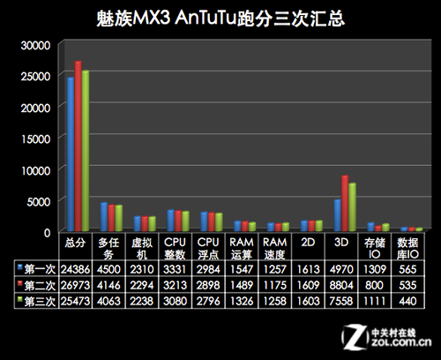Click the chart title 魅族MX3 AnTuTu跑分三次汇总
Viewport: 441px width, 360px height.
point(220,18)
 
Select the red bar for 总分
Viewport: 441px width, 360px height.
point(78,146)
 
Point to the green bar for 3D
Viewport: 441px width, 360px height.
point(352,207)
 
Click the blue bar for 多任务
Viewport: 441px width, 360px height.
point(102,217)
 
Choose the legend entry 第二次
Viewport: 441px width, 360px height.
point(34,285)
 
